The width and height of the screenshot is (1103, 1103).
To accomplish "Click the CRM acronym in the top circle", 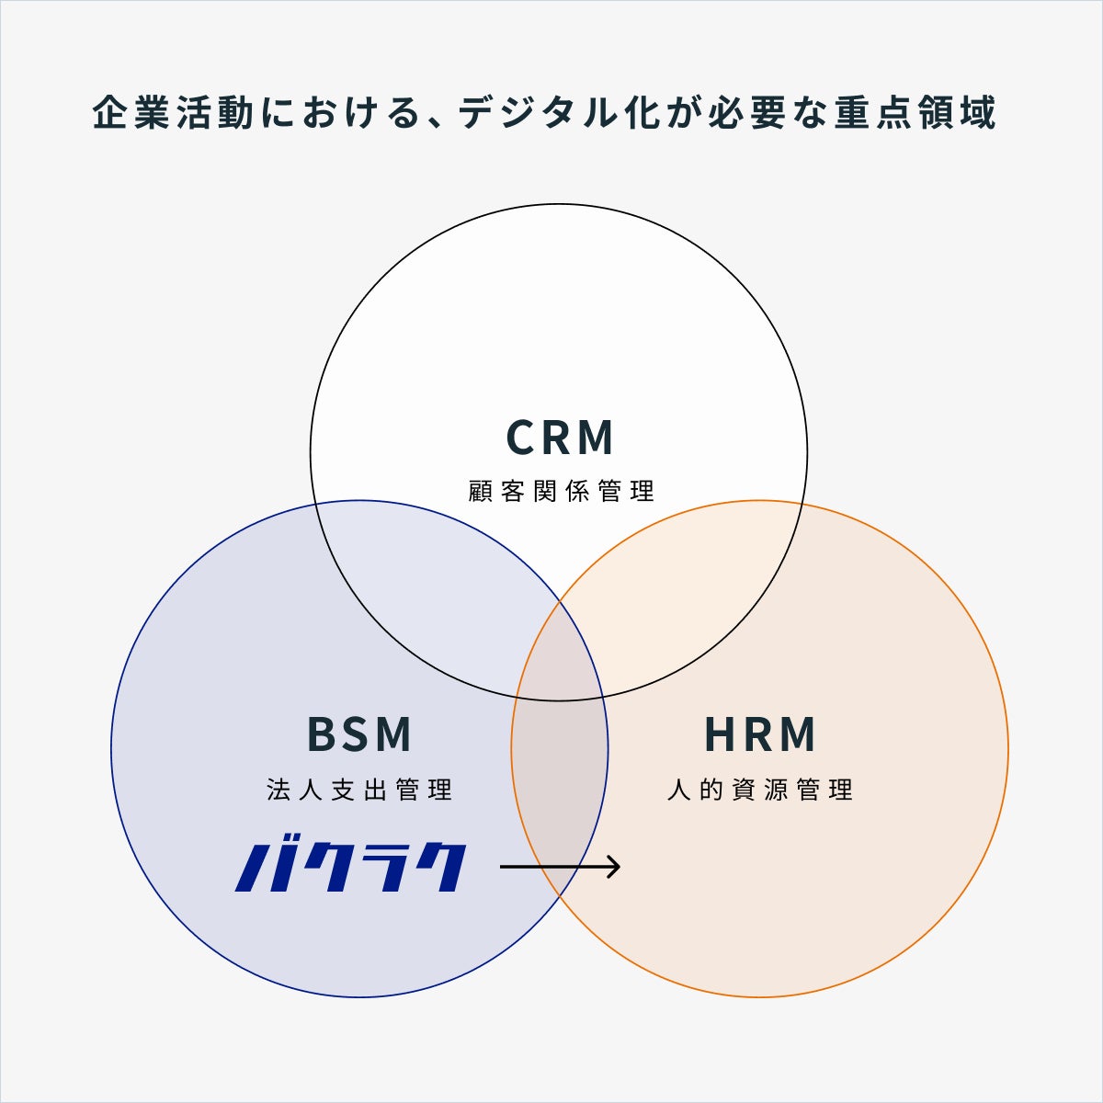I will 560,438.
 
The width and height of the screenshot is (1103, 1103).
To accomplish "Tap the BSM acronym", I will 359,734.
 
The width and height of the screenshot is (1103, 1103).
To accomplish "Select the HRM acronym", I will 760,734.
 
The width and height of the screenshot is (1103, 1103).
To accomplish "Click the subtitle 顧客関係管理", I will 561,491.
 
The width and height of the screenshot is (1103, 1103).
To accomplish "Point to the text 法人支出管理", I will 359,790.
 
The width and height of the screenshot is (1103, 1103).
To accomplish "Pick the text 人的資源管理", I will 760,790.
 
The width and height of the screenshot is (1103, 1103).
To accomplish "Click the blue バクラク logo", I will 351,866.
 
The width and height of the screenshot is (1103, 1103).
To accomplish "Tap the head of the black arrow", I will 615,866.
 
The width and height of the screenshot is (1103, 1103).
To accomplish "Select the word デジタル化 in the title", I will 565,114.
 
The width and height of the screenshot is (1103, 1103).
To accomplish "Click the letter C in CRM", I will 522,438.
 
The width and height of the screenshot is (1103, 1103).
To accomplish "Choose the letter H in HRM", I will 720,734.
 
